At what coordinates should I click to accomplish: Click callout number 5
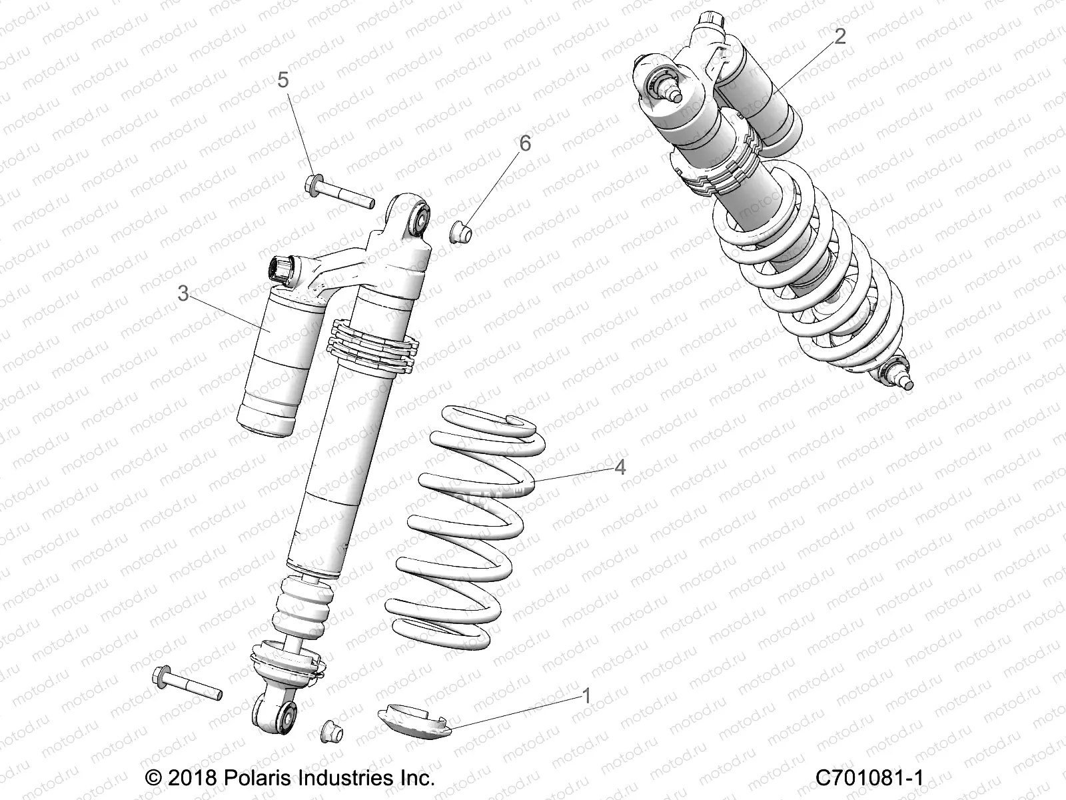coord(283,81)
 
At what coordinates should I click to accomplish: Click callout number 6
coord(525,143)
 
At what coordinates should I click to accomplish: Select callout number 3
coord(183,293)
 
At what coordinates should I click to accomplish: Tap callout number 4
coord(620,467)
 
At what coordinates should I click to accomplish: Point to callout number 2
coord(839,36)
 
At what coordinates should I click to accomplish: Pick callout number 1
coord(586,696)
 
